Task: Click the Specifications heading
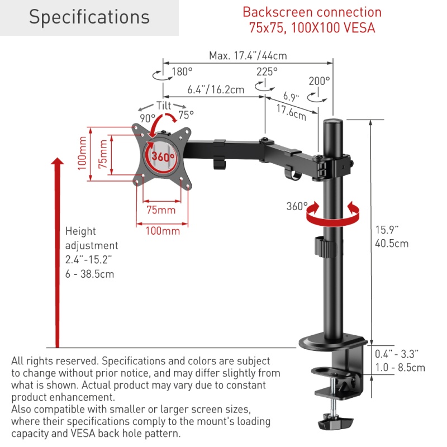coord(89,17)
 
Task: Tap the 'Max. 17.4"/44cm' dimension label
coord(248,55)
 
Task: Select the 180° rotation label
coord(182,72)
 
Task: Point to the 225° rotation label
coord(267,72)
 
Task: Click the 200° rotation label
coord(319,81)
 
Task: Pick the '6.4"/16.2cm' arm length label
coord(216,90)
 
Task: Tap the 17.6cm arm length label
coord(291,112)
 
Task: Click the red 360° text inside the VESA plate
coord(163,156)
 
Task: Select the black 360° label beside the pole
coord(297,206)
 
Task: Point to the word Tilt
coord(164,106)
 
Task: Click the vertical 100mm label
coord(82,153)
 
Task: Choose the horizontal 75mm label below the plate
coord(161,210)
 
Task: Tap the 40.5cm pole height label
coord(392,244)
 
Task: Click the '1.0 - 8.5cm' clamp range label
coord(400,368)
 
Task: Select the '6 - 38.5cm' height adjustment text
coord(89,274)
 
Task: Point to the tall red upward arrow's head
coord(58,161)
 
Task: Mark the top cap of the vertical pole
coord(332,121)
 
